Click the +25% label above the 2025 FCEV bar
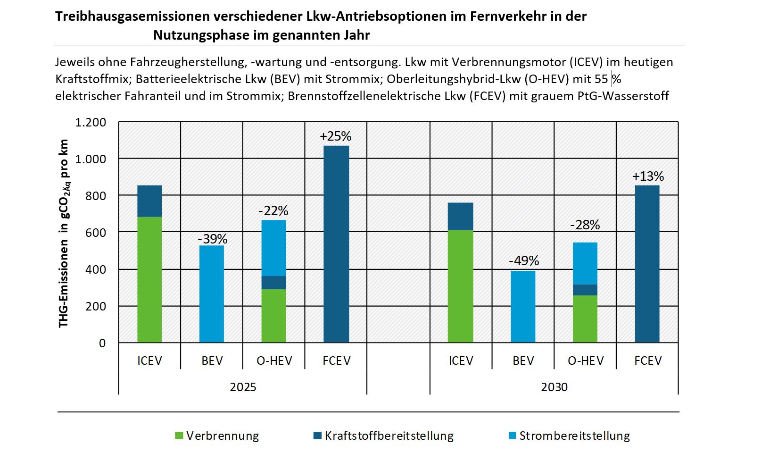[x=335, y=136]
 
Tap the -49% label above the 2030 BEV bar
[x=523, y=260]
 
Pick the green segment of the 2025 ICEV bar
[x=149, y=279]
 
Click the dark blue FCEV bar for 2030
[x=647, y=264]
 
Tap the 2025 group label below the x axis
[x=243, y=387]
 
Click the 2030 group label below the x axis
[x=554, y=387]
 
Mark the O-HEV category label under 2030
[x=586, y=361]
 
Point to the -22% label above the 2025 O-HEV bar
[x=273, y=210]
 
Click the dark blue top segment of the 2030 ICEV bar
[x=461, y=217]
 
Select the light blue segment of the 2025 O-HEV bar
[x=273, y=248]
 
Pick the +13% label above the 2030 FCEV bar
[x=648, y=176]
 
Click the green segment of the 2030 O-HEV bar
[x=585, y=319]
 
